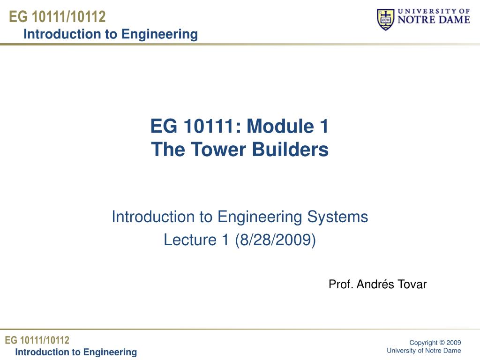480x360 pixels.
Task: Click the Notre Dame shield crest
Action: [x=385, y=19]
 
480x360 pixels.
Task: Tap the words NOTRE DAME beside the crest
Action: [x=434, y=20]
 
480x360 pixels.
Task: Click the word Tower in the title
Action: [x=218, y=150]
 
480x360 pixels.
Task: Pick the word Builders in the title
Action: [x=290, y=150]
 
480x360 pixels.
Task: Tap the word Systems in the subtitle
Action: [x=337, y=217]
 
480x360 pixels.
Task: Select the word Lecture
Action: [x=190, y=240]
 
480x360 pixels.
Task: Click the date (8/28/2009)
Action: [x=275, y=240]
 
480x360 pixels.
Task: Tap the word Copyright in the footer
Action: [x=423, y=343]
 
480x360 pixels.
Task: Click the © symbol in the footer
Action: [x=442, y=343]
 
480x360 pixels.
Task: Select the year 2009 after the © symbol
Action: [x=454, y=343]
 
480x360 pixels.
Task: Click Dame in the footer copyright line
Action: [x=452, y=351]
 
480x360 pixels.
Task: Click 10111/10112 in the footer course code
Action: [x=45, y=340]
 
